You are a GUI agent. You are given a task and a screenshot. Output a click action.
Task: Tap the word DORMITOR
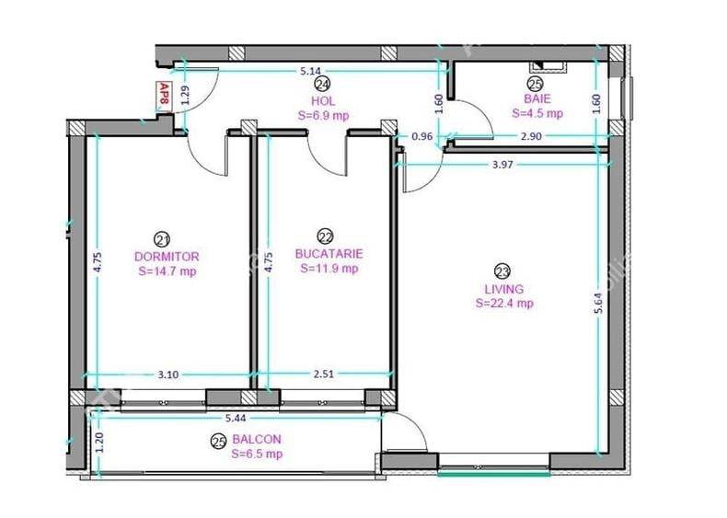[x=167, y=257]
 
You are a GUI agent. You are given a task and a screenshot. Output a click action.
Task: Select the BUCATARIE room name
[x=329, y=254]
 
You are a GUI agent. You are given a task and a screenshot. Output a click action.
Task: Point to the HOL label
[x=323, y=100]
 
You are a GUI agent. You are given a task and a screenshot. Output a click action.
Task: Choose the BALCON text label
[x=257, y=440]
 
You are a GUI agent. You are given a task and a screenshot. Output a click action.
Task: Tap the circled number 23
[x=502, y=271]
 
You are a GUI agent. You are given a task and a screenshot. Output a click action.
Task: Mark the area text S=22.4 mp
[x=503, y=303]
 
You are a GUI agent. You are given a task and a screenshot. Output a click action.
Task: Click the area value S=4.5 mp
[x=537, y=114]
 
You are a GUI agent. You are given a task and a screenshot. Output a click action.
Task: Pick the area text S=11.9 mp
[x=329, y=269]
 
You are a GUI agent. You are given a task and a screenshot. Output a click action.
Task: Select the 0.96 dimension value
[x=422, y=136]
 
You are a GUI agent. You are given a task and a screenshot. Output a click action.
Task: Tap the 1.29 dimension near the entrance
[x=184, y=94]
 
